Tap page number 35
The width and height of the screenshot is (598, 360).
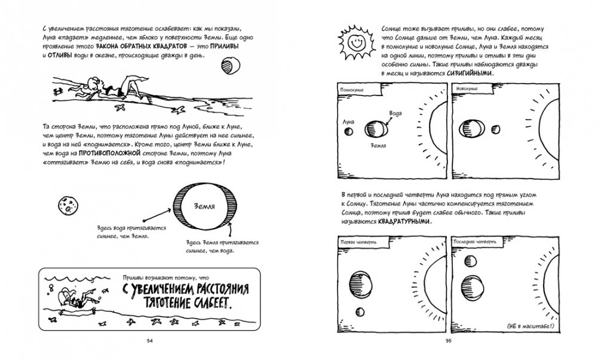pos(449,341)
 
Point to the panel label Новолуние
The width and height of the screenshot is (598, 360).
pos(466,89)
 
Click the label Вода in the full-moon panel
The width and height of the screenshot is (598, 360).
pos(395,113)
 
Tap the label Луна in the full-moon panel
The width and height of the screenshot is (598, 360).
pos(347,121)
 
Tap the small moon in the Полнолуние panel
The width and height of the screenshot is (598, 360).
pos(351,131)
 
